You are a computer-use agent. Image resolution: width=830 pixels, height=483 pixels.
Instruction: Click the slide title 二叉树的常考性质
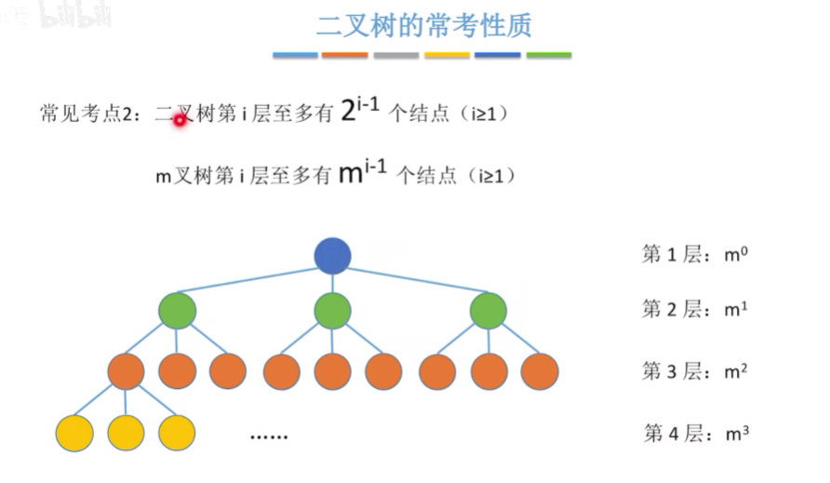(423, 25)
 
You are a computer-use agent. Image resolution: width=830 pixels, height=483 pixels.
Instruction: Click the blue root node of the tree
(332, 256)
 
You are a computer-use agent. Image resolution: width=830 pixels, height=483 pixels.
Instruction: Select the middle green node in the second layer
(332, 311)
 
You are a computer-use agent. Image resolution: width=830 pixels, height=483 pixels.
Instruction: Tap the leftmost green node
(177, 311)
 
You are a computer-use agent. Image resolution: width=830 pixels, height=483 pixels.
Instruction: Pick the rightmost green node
(488, 311)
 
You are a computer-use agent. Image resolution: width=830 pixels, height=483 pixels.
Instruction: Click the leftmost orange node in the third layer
(126, 371)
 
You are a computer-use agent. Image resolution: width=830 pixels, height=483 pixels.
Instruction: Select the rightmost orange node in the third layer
(540, 371)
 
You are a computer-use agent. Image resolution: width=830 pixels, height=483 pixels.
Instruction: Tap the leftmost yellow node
(74, 433)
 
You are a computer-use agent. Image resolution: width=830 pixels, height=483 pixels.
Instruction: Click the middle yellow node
(126, 433)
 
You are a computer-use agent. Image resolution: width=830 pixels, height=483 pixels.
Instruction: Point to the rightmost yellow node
(177, 433)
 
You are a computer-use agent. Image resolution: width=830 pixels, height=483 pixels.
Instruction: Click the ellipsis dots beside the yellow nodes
(270, 435)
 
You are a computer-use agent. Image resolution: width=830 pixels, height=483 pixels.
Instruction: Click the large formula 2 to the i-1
(360, 111)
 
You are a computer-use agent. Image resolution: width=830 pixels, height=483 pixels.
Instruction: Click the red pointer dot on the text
(180, 119)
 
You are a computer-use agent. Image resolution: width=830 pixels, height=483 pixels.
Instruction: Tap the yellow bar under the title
(447, 56)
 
